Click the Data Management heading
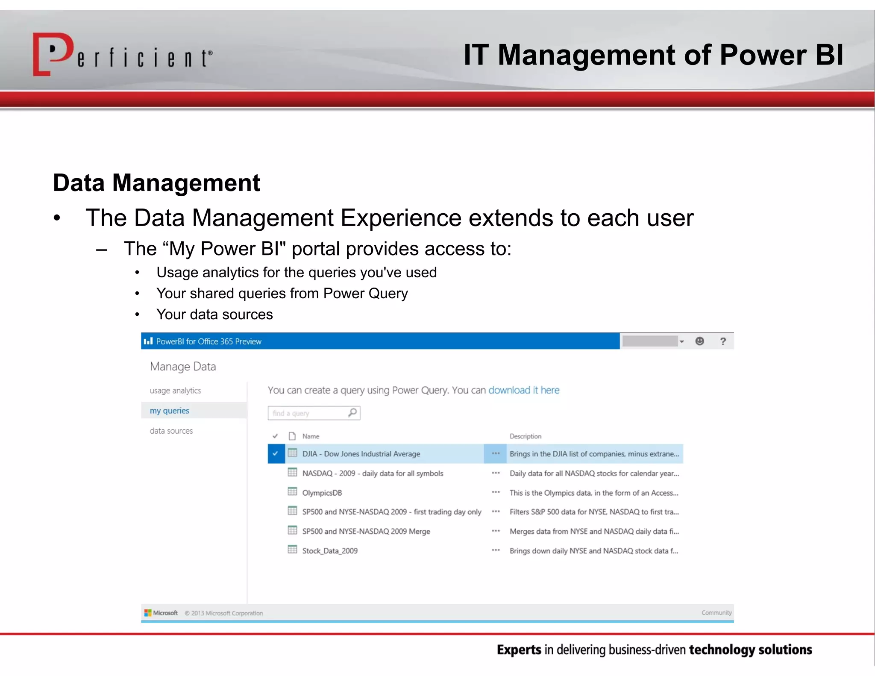pyautogui.click(x=156, y=183)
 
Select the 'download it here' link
pyautogui.click(x=523, y=390)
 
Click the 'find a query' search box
pyautogui.click(x=308, y=413)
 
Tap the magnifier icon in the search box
pyautogui.click(x=352, y=413)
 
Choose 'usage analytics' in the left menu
pyautogui.click(x=175, y=391)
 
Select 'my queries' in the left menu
pyautogui.click(x=169, y=411)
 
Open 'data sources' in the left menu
pyautogui.click(x=171, y=431)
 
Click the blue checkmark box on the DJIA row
pyautogui.click(x=276, y=454)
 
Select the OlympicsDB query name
pyautogui.click(x=322, y=493)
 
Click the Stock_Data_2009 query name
pyautogui.click(x=330, y=551)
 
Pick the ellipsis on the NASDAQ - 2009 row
pyautogui.click(x=496, y=473)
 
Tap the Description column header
pyautogui.click(x=525, y=436)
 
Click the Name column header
pyautogui.click(x=311, y=436)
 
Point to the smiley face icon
pyautogui.click(x=699, y=341)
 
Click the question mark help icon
pyautogui.click(x=723, y=341)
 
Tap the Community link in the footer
pyautogui.click(x=716, y=613)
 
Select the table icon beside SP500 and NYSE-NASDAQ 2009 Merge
pyautogui.click(x=292, y=531)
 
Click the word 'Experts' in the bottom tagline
pyautogui.click(x=519, y=650)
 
